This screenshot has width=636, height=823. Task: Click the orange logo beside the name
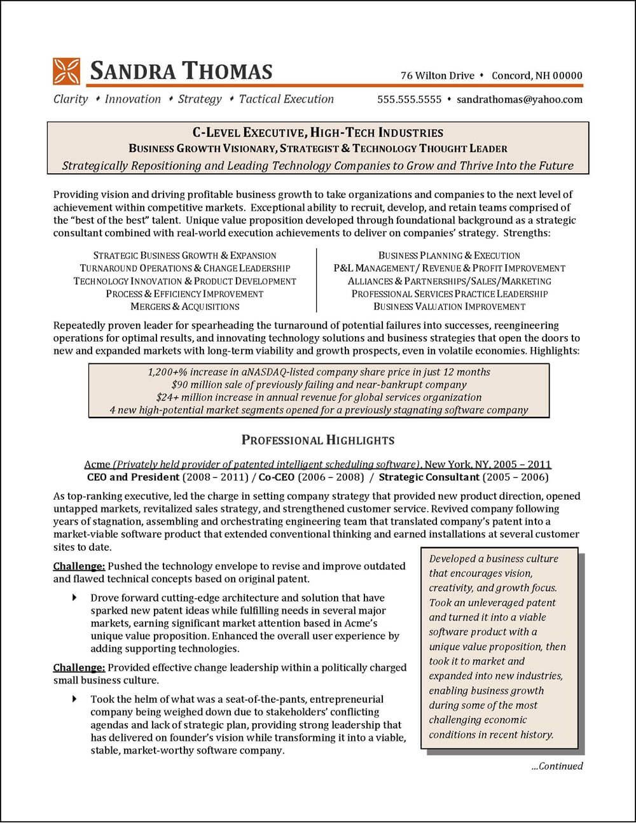click(x=66, y=71)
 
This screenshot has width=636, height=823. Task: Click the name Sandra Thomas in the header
click(x=181, y=71)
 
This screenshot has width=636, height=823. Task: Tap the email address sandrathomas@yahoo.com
click(x=520, y=99)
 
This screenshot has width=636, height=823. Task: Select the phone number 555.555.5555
click(x=409, y=99)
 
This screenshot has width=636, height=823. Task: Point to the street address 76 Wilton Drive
click(x=438, y=76)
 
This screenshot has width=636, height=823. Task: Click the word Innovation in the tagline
click(x=133, y=99)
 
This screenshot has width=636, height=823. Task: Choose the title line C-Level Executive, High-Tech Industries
click(x=318, y=133)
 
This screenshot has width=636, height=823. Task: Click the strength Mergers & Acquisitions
click(x=184, y=307)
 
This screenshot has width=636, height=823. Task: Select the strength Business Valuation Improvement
click(x=450, y=307)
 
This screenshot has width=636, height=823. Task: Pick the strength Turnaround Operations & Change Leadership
click(x=184, y=269)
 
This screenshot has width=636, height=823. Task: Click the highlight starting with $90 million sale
click(x=319, y=384)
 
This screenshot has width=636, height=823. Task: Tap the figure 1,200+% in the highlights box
click(x=167, y=372)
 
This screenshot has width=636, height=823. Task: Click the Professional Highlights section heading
click(x=318, y=440)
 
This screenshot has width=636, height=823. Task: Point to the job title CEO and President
click(x=133, y=477)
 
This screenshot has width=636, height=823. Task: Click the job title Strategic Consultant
click(x=429, y=477)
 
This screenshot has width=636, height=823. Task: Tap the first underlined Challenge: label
click(x=79, y=566)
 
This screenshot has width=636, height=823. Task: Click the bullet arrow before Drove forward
click(x=75, y=598)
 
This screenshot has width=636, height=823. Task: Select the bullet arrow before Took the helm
click(x=75, y=699)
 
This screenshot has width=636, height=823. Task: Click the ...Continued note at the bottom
click(x=556, y=766)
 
